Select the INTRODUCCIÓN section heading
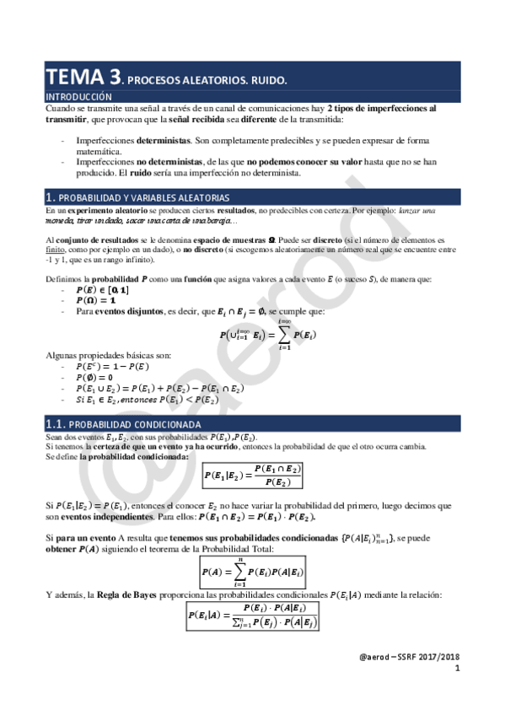[78, 97]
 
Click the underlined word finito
[55, 249]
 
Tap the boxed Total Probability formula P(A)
[252, 572]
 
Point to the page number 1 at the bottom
[457, 669]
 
